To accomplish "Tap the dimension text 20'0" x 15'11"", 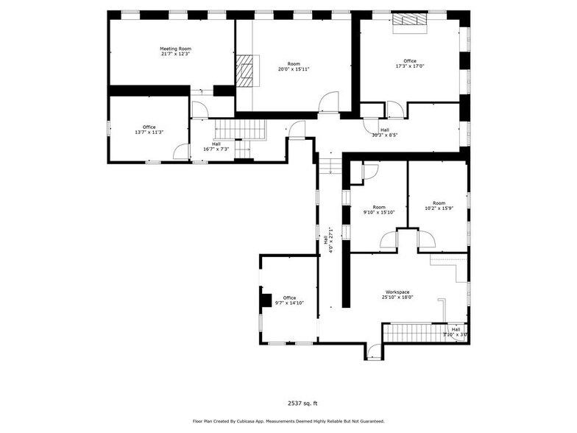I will pyautogui.click(x=294, y=69).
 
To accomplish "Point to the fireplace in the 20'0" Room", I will pyautogui.click(x=244, y=70).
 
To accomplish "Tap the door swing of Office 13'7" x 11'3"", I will pyautogui.click(x=180, y=152).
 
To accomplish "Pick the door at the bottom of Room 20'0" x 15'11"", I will pyautogui.click(x=329, y=102).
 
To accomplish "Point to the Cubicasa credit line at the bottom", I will pyautogui.click(x=288, y=421).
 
